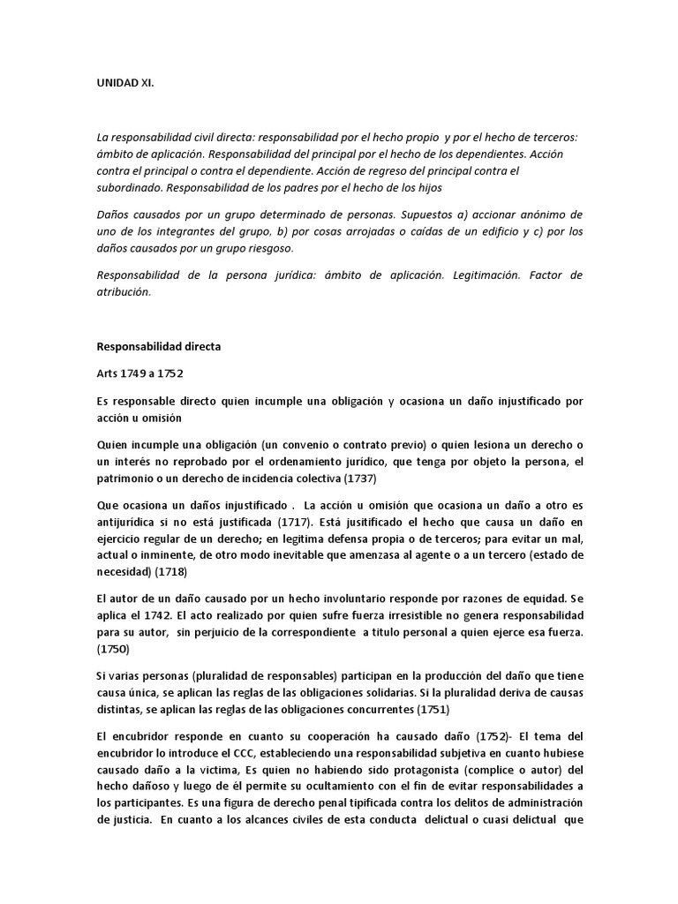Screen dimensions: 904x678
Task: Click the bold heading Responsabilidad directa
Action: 158,347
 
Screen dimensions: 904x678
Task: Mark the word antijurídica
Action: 132,521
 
